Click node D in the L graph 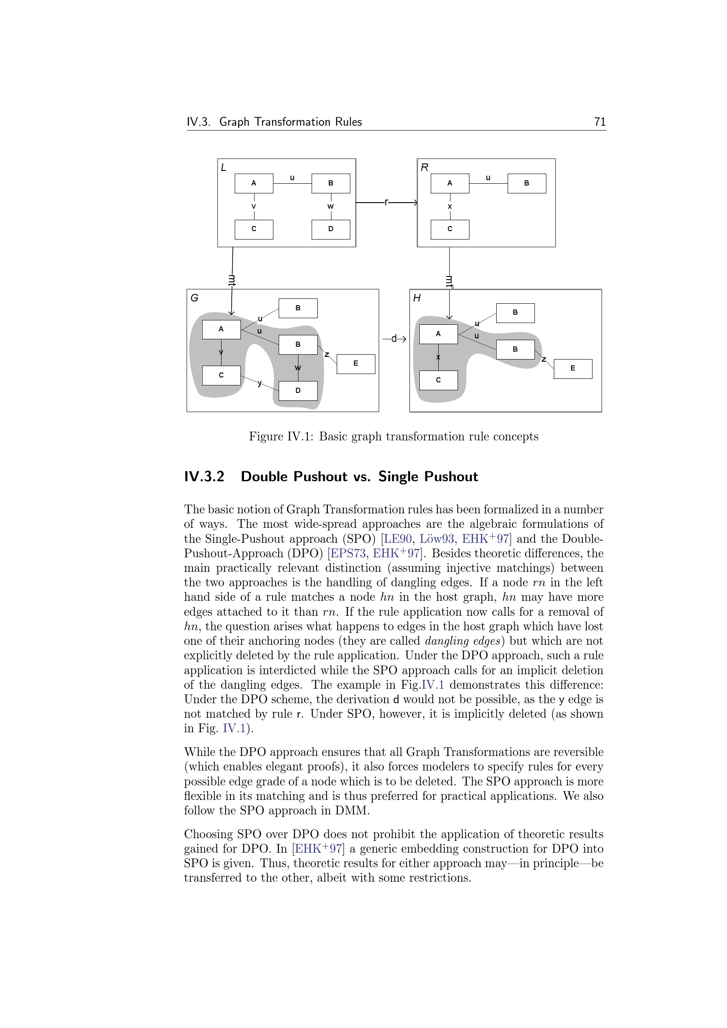(331, 229)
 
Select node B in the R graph (527, 183)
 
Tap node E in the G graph (356, 363)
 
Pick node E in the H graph (573, 368)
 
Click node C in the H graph (438, 380)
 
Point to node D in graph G (298, 390)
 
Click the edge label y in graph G (260, 383)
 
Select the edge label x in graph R (450, 207)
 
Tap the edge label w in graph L (331, 207)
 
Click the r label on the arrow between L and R (386, 202)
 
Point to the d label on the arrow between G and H (394, 338)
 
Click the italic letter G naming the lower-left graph (194, 298)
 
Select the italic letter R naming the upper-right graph (425, 167)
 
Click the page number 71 (600, 122)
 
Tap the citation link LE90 (397, 539)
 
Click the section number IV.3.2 (204, 476)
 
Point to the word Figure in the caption (266, 436)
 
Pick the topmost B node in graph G (298, 308)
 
